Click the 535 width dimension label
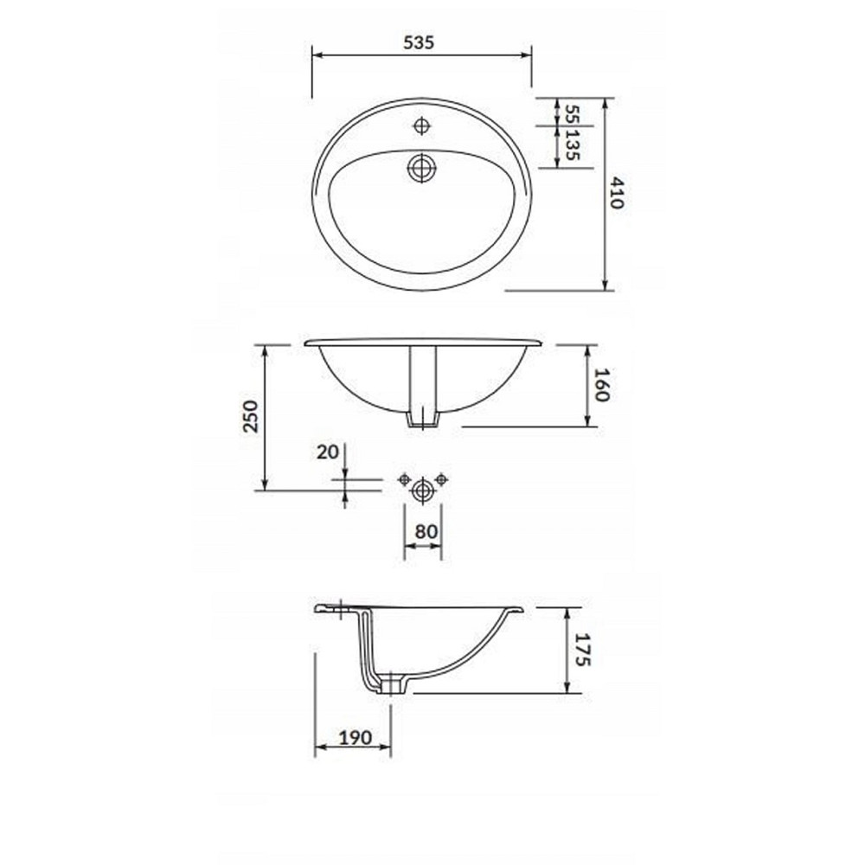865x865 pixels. [x=419, y=42]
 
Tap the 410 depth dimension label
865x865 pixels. [x=617, y=193]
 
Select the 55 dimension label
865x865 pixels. [x=573, y=115]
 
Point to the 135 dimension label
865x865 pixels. [x=573, y=145]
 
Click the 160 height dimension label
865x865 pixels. [x=601, y=385]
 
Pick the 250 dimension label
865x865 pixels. [x=251, y=417]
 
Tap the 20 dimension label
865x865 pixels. [x=327, y=452]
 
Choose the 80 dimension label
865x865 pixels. [x=426, y=532]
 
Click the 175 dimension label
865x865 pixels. [x=583, y=650]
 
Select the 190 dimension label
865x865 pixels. [x=356, y=737]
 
